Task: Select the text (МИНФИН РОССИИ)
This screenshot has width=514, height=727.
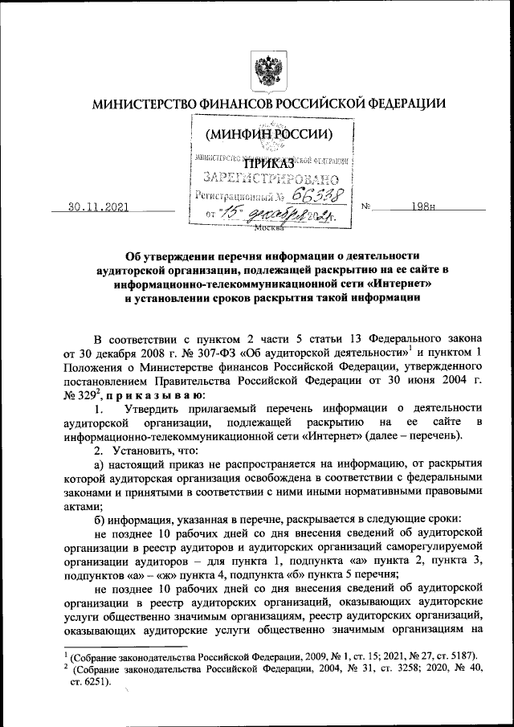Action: [268, 133]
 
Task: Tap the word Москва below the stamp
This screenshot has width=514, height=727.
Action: [268, 228]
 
